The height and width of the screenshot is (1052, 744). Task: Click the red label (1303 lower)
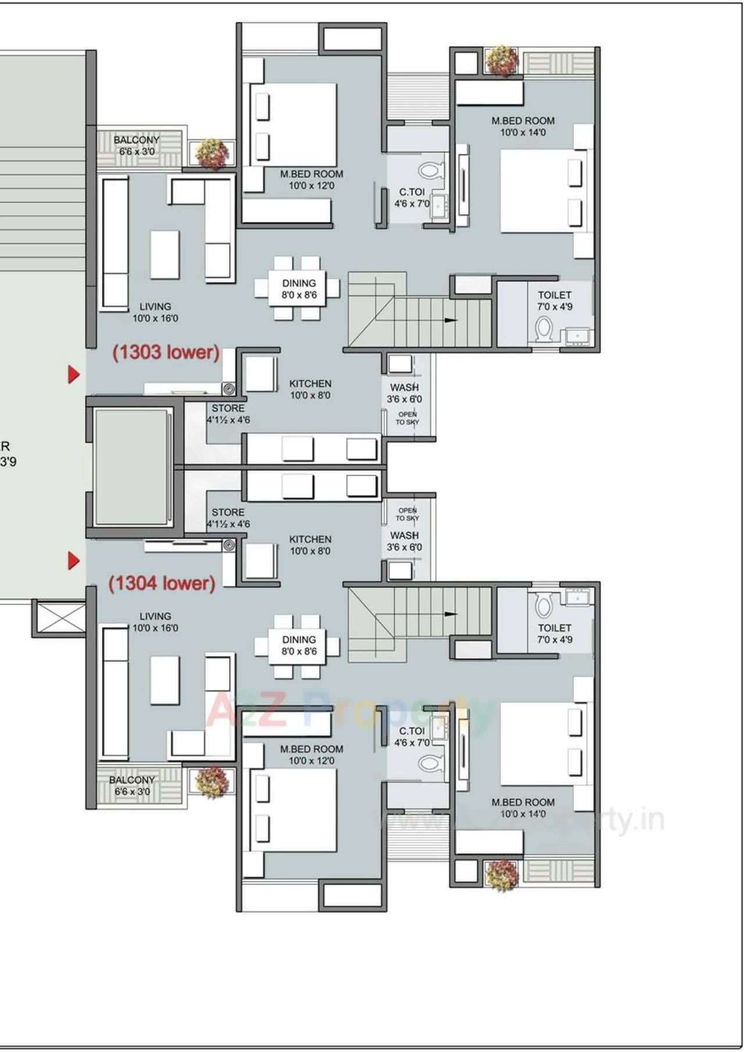pyautogui.click(x=166, y=352)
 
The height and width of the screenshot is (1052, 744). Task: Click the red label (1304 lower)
pyautogui.click(x=162, y=583)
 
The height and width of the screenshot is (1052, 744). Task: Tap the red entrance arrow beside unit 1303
pyautogui.click(x=73, y=374)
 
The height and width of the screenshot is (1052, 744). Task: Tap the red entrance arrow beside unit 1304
pyautogui.click(x=73, y=561)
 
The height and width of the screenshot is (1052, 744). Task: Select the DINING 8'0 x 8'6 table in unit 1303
pyautogui.click(x=299, y=289)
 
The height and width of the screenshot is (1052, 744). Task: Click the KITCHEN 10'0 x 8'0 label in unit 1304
pyautogui.click(x=310, y=545)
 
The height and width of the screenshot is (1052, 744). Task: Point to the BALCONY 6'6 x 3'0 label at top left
pyautogui.click(x=137, y=146)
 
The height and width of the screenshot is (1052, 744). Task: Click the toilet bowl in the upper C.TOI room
pyautogui.click(x=428, y=170)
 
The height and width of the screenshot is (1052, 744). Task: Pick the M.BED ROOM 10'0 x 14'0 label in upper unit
pyautogui.click(x=523, y=126)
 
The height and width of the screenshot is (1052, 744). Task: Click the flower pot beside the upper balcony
pyautogui.click(x=212, y=153)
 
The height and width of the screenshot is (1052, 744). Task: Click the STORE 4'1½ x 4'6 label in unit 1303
pyautogui.click(x=228, y=414)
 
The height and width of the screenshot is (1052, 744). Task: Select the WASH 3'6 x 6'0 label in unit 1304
pyautogui.click(x=405, y=541)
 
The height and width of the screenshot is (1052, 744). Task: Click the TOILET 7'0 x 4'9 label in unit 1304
pyautogui.click(x=555, y=634)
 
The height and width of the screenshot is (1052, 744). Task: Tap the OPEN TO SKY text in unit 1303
pyautogui.click(x=407, y=418)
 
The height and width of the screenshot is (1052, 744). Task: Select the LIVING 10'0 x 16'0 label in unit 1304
pyautogui.click(x=155, y=622)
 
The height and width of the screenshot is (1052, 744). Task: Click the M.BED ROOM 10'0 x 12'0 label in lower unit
pyautogui.click(x=311, y=755)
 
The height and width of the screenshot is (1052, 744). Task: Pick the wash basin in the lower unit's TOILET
pyautogui.click(x=577, y=597)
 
